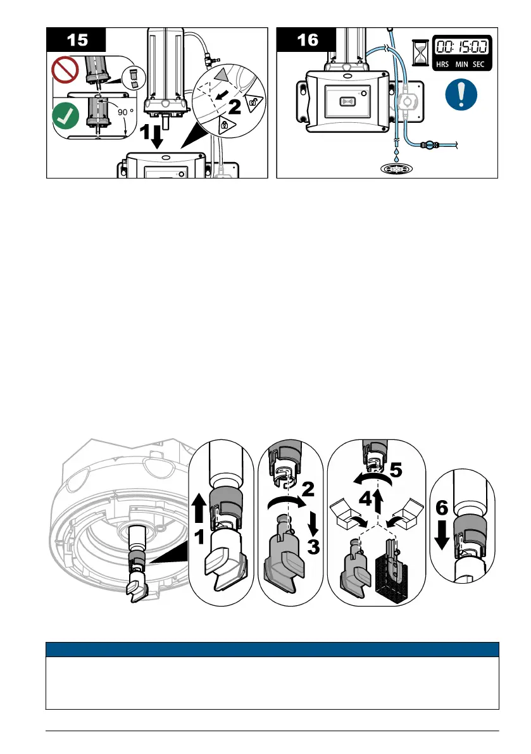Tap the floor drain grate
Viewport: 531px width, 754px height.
pos(396,170)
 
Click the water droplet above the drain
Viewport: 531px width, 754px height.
pos(396,153)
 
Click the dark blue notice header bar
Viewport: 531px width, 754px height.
pos(273,649)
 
